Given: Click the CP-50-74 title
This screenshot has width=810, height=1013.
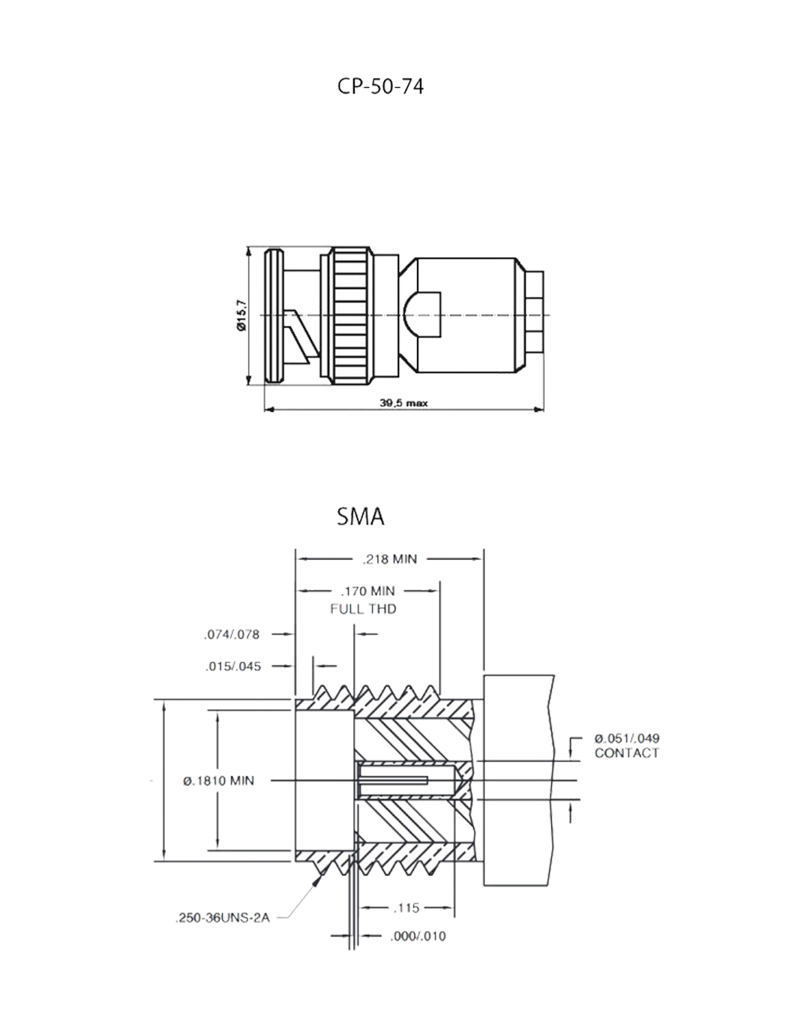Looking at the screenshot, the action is [x=380, y=86].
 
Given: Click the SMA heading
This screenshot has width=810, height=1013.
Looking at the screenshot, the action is [x=361, y=516].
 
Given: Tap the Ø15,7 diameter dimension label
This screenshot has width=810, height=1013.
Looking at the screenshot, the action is [x=241, y=314].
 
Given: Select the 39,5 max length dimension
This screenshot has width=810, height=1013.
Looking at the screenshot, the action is [x=403, y=403].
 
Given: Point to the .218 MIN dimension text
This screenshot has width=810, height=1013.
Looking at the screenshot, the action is [x=390, y=559].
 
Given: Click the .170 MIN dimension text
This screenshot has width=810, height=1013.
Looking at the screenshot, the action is [x=367, y=591].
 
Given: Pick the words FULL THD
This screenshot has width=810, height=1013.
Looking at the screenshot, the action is [x=363, y=609].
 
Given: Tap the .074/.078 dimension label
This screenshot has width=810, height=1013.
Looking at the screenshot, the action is [x=232, y=635].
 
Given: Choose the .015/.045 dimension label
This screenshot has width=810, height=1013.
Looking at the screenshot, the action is [x=233, y=666].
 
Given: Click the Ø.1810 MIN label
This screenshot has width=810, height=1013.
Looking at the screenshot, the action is [x=218, y=781].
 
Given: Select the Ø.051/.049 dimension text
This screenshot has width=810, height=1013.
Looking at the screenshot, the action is [x=626, y=738].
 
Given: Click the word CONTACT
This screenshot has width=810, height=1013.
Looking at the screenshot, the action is [x=626, y=753].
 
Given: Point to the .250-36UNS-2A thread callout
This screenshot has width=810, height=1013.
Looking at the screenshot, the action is [x=223, y=918].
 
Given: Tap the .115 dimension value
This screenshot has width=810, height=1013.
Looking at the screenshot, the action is [x=406, y=908].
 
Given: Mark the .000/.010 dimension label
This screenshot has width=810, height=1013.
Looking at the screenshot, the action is [x=418, y=936].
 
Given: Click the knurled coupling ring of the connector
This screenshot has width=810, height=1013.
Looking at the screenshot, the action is [x=351, y=315].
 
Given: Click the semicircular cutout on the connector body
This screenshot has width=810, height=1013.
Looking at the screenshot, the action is [x=421, y=314].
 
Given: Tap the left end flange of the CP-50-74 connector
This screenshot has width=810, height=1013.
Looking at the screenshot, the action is [x=274, y=315].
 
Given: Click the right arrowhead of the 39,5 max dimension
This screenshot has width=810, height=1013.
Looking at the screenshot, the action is [x=538, y=410].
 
